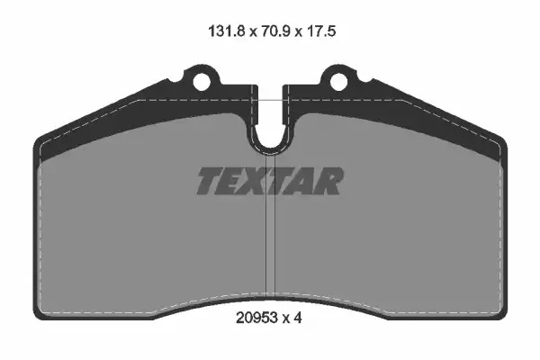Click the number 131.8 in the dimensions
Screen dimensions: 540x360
tap(226, 31)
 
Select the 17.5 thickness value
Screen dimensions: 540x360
tap(321, 31)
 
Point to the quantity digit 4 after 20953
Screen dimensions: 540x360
tap(298, 318)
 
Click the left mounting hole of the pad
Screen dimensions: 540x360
tap(202, 82)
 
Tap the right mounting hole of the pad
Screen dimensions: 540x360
tap(339, 82)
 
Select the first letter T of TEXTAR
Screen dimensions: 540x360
tap(210, 181)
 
